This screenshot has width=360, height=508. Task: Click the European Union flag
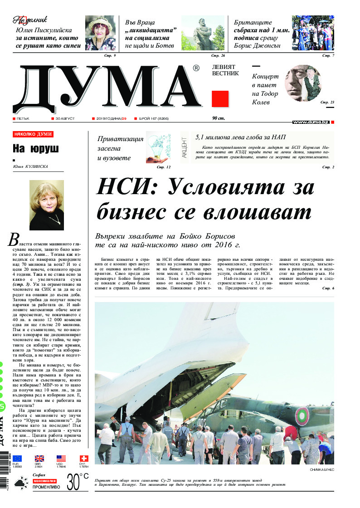pos(17,459)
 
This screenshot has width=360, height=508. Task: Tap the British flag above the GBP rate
pos(39,459)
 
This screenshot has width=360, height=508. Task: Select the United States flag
pos(61,459)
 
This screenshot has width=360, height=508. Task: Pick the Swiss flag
pos(84,459)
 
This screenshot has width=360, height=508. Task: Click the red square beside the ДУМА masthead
pos(220,99)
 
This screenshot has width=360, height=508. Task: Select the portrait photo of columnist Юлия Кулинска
pos(47,205)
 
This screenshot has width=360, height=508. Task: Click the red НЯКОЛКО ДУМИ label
pos(33,134)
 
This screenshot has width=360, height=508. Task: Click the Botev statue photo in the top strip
pos(203,34)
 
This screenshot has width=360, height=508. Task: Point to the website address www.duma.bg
pos(311,122)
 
